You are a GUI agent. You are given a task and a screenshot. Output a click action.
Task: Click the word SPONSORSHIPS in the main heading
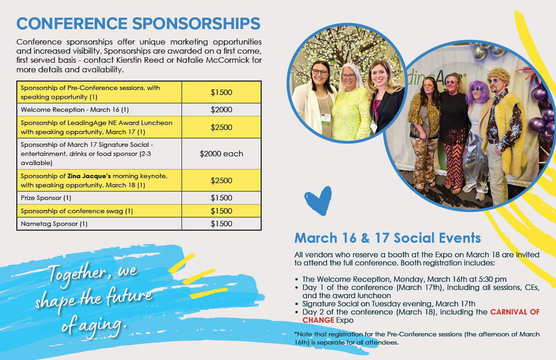pos(196,24)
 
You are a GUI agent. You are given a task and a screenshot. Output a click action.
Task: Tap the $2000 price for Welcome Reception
pos(221,110)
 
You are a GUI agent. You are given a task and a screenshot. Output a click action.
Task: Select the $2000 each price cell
pos(221,154)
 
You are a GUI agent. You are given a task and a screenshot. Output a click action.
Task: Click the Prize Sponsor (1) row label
pos(46,198)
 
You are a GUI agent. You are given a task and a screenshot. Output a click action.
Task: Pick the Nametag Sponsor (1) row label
pos(54,224)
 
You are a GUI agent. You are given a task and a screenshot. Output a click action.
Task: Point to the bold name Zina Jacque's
pos(89,176)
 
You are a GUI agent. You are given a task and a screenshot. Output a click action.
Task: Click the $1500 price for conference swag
pos(221,211)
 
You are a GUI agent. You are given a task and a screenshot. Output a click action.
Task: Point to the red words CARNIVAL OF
pos(515,312)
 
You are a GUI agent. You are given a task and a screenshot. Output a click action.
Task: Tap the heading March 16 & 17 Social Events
pos(387,238)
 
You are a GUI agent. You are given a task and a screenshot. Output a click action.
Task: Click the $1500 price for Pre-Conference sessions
pos(221,92)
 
